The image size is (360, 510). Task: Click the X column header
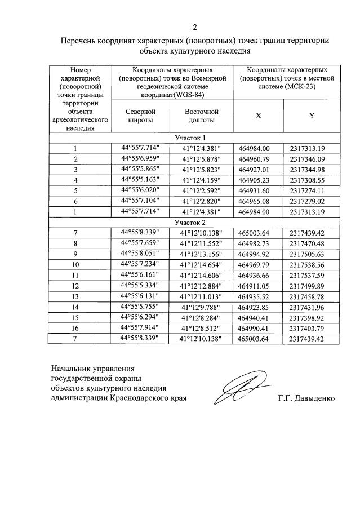258,116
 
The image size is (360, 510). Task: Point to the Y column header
311,116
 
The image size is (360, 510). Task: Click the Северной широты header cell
140,116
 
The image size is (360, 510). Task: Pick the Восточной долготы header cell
201,116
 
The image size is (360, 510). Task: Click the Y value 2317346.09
311,159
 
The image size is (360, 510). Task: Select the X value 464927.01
258,170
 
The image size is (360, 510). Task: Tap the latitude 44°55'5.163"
140,180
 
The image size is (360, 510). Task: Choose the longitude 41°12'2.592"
201,190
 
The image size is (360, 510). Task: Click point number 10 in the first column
75,264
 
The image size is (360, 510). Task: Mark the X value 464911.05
258,286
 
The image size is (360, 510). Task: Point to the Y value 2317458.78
311,296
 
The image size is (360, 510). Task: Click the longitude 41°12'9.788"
201,307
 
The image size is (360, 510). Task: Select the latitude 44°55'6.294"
140,317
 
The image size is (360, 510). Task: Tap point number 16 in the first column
75,328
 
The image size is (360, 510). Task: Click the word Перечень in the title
79,41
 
